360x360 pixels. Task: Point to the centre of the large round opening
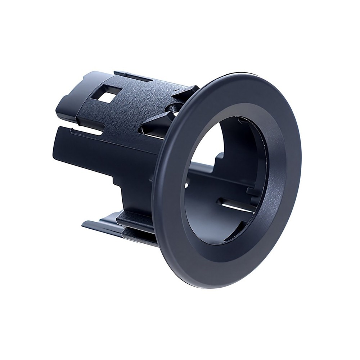[227, 180]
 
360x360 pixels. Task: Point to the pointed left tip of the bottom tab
[84, 224]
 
